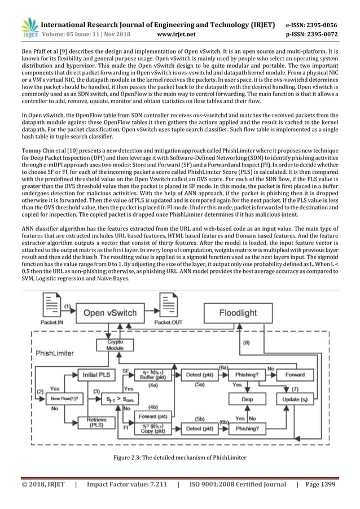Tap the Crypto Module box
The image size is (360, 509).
115,345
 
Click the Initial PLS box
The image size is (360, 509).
96,375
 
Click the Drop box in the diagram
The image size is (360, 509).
247,399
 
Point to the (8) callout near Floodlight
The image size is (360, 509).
246,343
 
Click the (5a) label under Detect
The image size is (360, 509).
200,385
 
